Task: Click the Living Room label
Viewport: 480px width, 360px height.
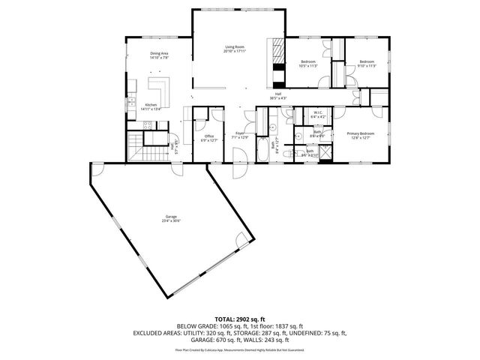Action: pyautogui.click(x=235, y=49)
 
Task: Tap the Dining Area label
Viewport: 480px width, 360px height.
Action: pyautogui.click(x=159, y=55)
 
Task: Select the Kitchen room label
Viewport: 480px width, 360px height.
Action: pyautogui.click(x=151, y=106)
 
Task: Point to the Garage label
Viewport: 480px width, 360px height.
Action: pyautogui.click(x=171, y=217)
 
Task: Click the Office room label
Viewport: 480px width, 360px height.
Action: pyautogui.click(x=208, y=138)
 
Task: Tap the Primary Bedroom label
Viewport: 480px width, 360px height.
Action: pyautogui.click(x=361, y=135)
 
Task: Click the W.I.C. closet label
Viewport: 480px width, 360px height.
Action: pyautogui.click(x=318, y=115)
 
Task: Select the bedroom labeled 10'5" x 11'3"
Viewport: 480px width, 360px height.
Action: pyautogui.click(x=308, y=64)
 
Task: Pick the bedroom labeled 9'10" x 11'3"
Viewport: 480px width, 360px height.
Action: pyautogui.click(x=366, y=64)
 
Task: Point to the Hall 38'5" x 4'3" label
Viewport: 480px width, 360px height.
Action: pyautogui.click(x=277, y=96)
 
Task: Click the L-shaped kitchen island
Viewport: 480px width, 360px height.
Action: pyautogui.click(x=161, y=89)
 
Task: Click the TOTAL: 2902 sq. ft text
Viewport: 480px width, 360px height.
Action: pyautogui.click(x=239, y=319)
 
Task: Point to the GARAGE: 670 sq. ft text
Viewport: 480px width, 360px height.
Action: pyautogui.click(x=213, y=339)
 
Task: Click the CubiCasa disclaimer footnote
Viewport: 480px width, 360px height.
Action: pyautogui.click(x=239, y=349)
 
